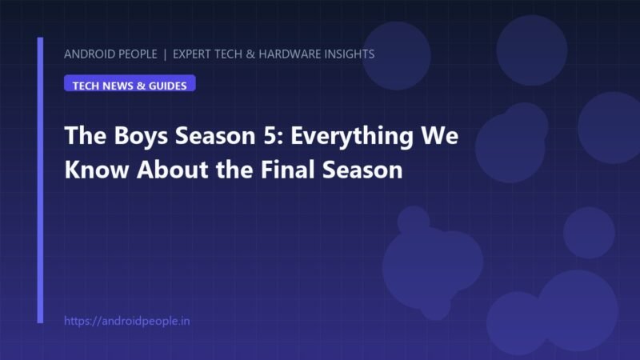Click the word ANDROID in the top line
click(87, 54)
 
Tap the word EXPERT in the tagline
click(192, 54)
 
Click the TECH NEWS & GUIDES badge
click(130, 83)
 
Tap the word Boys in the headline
click(141, 136)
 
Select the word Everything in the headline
click(352, 136)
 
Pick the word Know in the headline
click(97, 170)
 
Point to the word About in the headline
click(173, 170)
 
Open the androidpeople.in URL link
click(127, 322)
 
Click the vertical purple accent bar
click(40, 180)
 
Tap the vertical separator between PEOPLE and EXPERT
click(165, 54)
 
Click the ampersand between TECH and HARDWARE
click(250, 54)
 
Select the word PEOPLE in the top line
click(136, 54)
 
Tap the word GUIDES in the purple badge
click(167, 86)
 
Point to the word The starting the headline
click(86, 135)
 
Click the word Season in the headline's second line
click(362, 170)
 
